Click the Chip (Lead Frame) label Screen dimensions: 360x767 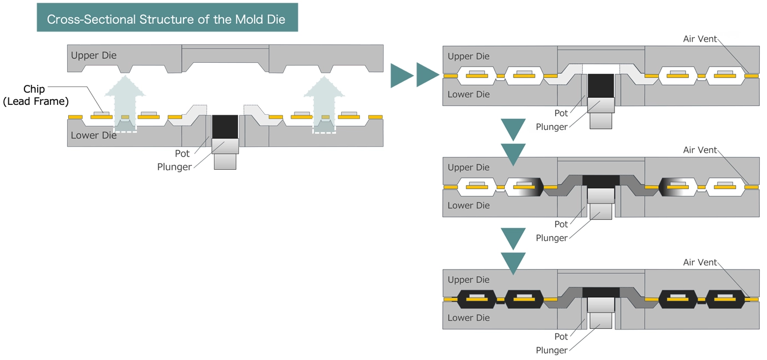coord(35,95)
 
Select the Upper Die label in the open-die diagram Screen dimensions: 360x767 coord(94,55)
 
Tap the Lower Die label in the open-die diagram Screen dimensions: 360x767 coord(94,135)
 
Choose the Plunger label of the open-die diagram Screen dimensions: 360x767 coord(174,167)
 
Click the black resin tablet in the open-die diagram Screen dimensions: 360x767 coord(225,126)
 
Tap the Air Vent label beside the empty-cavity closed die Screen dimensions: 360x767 coord(700,39)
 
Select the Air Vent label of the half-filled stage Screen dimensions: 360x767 coord(700,150)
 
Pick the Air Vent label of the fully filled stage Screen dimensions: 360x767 coord(700,262)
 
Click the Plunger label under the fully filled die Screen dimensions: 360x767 coord(551,350)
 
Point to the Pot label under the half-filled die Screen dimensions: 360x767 coord(561,224)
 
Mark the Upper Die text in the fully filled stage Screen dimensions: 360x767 coord(469,280)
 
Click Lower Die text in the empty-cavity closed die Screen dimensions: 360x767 coord(469,94)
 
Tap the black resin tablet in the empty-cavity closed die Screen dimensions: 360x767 coord(601,85)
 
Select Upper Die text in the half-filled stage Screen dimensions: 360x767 coord(469,167)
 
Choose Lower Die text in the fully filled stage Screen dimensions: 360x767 coord(469,318)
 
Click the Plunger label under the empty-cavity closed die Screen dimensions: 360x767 coord(551,126)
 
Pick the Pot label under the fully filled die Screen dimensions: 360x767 coord(561,336)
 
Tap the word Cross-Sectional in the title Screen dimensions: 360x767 coord(90,19)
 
